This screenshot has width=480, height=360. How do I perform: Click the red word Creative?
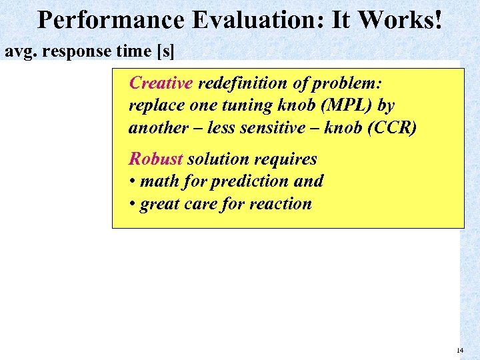161,83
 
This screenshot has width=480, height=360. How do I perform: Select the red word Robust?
155,159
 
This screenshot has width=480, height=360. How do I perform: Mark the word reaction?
281,203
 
